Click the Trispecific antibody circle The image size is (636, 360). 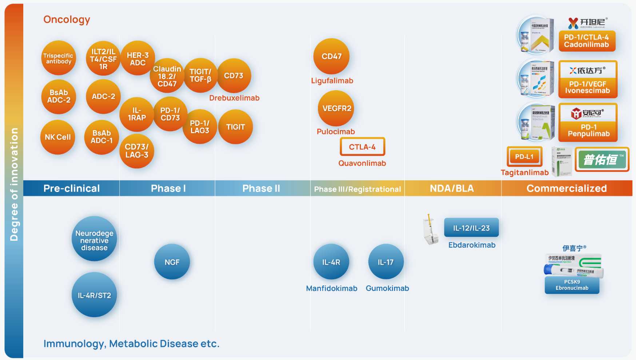(x=58, y=58)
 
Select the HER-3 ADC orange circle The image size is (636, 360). (x=138, y=59)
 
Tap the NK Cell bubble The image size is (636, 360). (x=57, y=137)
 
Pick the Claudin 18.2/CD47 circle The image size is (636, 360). (x=167, y=76)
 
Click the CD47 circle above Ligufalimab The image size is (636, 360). (x=331, y=56)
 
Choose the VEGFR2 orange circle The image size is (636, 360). (x=337, y=108)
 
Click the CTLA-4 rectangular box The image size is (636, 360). (x=362, y=147)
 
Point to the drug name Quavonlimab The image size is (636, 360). (x=362, y=163)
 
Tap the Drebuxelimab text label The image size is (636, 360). (x=234, y=98)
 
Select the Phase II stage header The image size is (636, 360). (x=261, y=188)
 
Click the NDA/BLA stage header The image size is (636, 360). (x=452, y=188)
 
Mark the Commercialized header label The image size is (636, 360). (x=567, y=188)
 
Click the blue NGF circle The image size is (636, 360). (x=172, y=262)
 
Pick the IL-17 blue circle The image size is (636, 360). (x=386, y=262)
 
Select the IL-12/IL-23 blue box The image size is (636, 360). (x=471, y=228)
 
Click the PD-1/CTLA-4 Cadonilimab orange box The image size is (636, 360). (x=587, y=41)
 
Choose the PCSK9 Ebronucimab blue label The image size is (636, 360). (x=572, y=285)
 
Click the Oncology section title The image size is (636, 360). (x=67, y=20)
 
